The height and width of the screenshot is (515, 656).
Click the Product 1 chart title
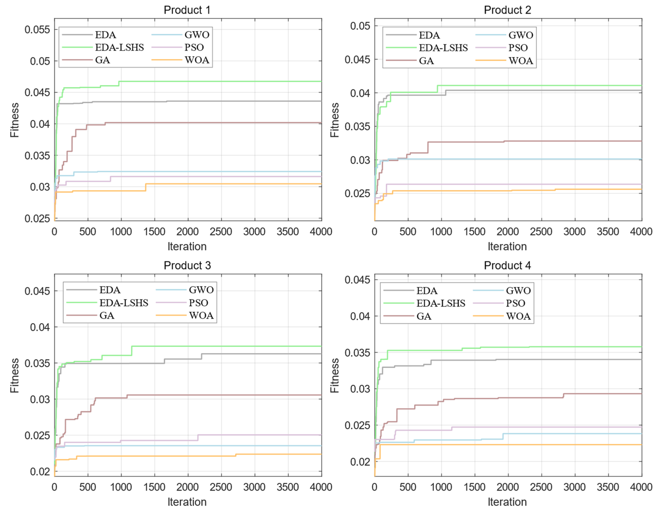coord(187,10)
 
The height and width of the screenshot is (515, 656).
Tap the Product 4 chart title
coord(507,265)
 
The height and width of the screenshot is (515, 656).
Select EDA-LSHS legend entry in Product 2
coord(443,48)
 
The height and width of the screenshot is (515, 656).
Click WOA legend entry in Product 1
coord(197,60)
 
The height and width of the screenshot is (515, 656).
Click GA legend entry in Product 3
coord(107,315)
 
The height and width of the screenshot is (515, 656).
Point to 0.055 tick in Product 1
coord(37,30)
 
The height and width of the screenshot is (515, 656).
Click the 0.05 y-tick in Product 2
coord(360,26)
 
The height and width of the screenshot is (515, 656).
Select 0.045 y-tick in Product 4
coord(357,280)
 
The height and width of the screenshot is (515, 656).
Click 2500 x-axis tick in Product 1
coord(221,232)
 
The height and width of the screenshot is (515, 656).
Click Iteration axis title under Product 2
coord(507,246)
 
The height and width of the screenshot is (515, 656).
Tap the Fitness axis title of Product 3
coord(14,375)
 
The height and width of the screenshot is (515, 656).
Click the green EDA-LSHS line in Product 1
coord(211,81)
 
